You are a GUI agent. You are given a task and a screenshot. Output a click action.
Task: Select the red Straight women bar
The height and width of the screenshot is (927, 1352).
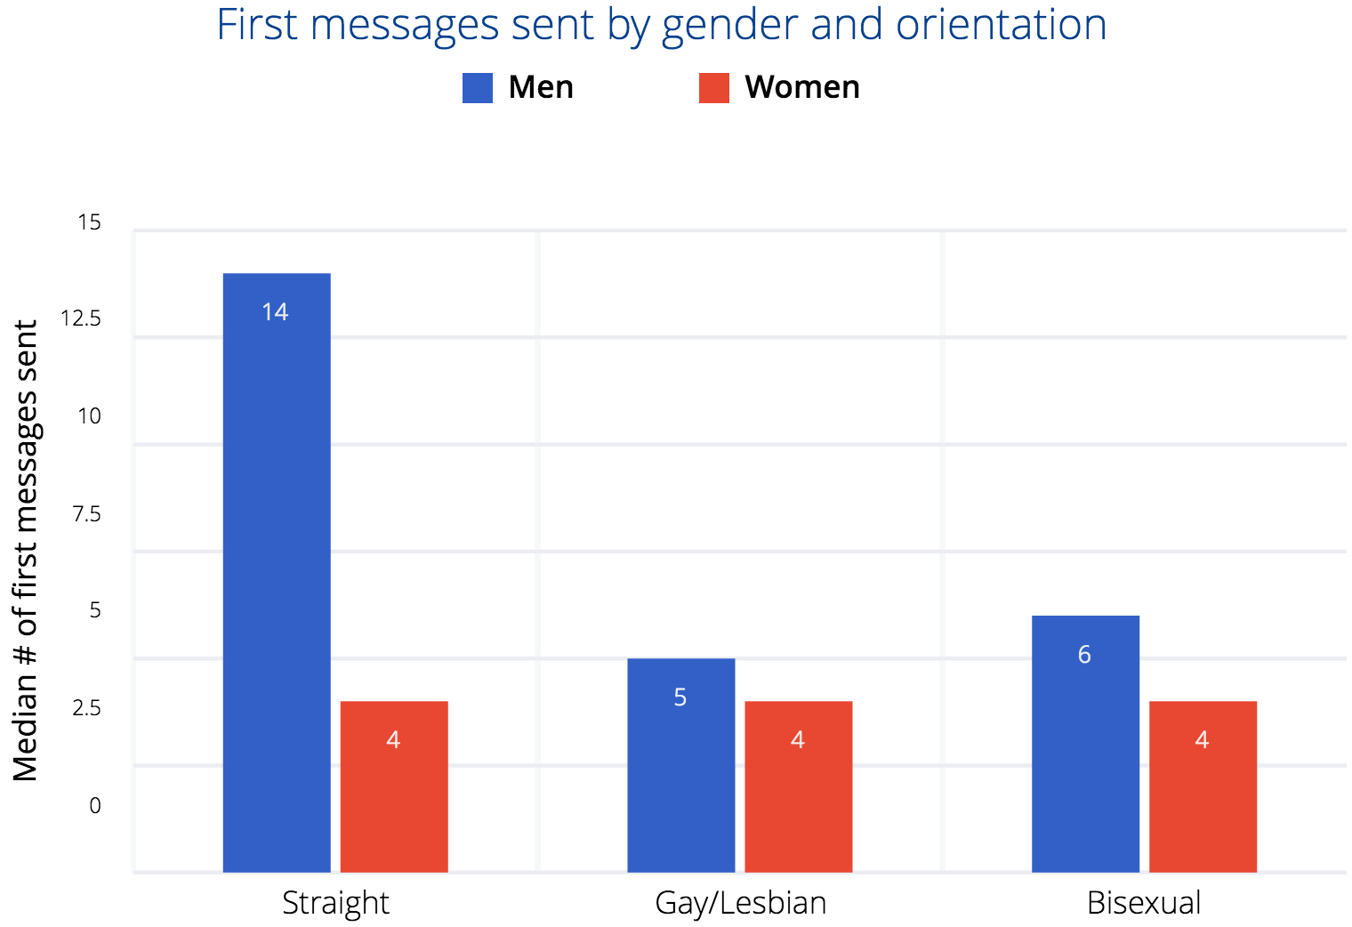[394, 786]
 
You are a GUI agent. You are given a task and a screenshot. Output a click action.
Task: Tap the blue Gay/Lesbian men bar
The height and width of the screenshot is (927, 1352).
[680, 765]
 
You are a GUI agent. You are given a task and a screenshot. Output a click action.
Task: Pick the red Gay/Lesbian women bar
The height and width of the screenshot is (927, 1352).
[798, 786]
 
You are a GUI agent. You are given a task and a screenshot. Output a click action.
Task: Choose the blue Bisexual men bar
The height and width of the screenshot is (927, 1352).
[1085, 744]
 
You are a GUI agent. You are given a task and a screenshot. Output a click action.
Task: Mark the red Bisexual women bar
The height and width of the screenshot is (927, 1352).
[1203, 786]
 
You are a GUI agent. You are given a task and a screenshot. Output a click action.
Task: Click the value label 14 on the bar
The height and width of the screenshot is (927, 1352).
[276, 312]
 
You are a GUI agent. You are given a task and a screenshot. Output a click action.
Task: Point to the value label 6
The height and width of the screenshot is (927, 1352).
[1084, 655]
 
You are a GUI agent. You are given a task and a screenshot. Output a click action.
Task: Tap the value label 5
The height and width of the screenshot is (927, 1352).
[680, 697]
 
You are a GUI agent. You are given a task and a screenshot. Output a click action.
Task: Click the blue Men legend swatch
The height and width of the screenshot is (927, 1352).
[478, 88]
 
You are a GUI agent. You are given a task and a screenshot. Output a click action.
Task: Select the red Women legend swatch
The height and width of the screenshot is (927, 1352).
[714, 88]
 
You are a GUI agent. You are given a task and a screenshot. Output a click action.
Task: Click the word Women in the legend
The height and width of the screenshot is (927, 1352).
[802, 87]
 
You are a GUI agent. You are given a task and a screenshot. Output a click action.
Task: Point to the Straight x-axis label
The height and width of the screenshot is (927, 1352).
[335, 903]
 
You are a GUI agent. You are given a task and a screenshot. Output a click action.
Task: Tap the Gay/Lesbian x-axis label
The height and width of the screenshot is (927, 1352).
[740, 903]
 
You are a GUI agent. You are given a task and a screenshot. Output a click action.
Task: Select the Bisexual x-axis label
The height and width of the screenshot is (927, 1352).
[1144, 903]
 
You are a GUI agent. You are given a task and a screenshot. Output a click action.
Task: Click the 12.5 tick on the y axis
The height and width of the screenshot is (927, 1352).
[81, 318]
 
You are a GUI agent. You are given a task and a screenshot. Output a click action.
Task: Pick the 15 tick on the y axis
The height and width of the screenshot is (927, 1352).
[89, 222]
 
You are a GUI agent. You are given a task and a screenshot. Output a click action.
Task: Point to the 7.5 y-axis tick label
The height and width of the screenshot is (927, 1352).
[86, 514]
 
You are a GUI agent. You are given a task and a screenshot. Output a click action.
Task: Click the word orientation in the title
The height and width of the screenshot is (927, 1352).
[1001, 25]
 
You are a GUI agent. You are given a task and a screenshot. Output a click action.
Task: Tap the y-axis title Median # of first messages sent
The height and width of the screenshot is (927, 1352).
[26, 551]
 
